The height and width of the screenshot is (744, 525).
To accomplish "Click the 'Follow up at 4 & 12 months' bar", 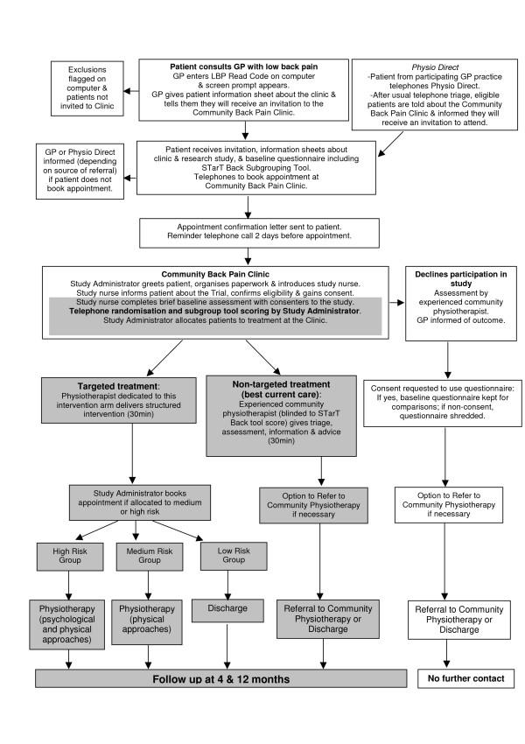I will coord(220,678).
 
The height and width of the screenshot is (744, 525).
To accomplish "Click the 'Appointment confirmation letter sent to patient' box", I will coord(247,230).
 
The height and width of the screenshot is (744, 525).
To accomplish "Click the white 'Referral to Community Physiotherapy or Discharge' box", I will coord(447,618).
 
